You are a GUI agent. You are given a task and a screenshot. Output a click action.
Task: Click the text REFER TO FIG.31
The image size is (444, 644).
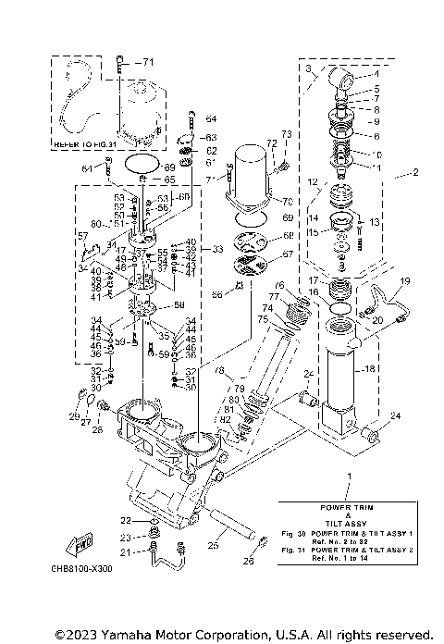[x=80, y=146]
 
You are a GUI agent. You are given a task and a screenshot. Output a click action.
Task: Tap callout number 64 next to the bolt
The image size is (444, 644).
[x=210, y=118]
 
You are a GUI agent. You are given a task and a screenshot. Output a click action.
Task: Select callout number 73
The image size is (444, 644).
[x=286, y=135]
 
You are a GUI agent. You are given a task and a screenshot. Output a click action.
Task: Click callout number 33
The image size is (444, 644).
[x=217, y=249]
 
